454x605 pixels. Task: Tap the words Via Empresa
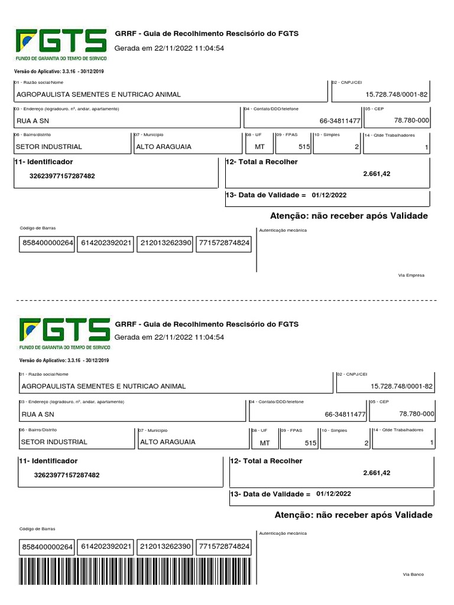tap(413, 275)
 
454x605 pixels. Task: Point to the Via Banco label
tap(413, 574)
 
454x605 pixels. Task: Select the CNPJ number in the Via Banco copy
tap(402, 386)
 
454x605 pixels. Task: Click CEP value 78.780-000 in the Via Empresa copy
tap(411, 120)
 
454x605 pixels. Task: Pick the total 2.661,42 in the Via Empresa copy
tap(377, 174)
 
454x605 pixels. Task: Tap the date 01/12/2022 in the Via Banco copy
tap(333, 493)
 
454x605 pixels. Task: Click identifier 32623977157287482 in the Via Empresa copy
tap(62, 176)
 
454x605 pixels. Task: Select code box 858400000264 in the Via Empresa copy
tap(47, 243)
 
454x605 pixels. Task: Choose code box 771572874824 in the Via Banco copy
tap(223, 547)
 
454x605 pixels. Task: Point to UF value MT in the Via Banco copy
tap(264, 443)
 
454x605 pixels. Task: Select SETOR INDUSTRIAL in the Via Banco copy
tap(54, 441)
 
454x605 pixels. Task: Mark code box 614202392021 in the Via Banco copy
tap(106, 547)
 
